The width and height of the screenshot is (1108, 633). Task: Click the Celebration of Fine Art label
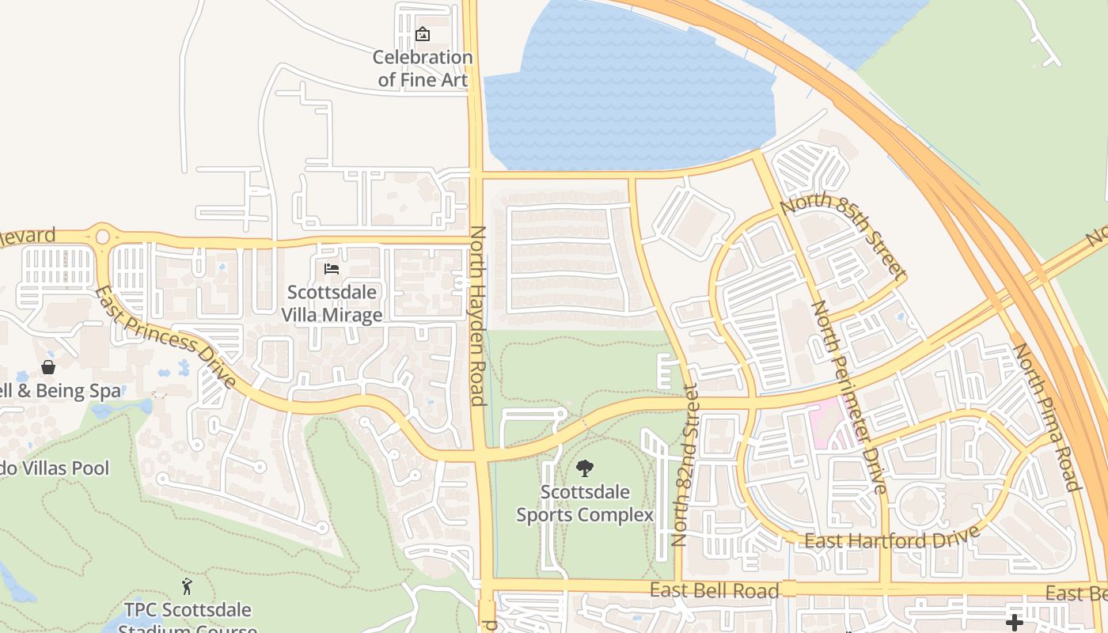423,68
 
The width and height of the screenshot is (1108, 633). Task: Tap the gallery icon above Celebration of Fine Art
423,34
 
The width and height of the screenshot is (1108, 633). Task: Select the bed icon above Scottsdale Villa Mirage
332,270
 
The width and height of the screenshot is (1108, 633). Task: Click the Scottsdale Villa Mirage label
332,303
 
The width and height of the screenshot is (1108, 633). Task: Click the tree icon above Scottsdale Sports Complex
585,468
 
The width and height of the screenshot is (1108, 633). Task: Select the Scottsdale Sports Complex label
585,503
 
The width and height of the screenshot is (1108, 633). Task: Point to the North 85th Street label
843,236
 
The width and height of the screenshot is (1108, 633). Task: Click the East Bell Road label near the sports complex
714,590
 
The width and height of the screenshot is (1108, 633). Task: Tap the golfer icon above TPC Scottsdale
187,586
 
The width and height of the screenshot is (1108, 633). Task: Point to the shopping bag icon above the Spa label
48,367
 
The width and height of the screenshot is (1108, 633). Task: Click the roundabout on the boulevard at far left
102,236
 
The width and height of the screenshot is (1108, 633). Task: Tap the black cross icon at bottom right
1014,622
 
